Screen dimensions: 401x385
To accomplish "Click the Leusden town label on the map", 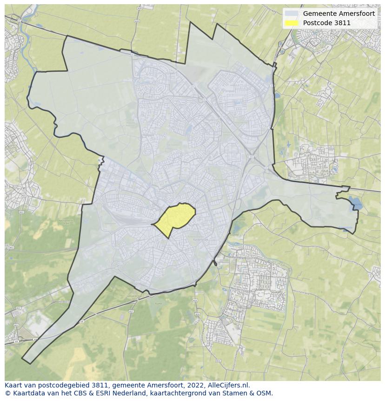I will click(259, 289).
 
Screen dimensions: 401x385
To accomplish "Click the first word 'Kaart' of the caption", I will click(13, 385).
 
